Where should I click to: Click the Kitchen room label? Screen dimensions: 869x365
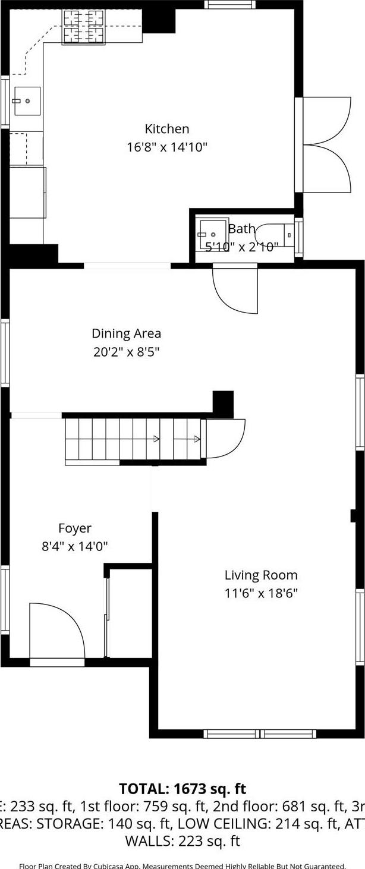click(166, 129)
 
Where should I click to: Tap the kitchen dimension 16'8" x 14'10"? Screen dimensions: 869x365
click(166, 147)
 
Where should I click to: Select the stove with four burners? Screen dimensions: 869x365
click(83, 27)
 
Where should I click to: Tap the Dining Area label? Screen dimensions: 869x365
click(126, 333)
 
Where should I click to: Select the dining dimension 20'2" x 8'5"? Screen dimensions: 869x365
click(126, 352)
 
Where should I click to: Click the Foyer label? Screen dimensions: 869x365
click(74, 528)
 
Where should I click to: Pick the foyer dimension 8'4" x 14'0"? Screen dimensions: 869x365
click(74, 546)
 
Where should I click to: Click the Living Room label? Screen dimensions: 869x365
click(260, 575)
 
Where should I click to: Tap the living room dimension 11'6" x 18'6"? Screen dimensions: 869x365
click(260, 593)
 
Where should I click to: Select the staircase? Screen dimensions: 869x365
click(132, 440)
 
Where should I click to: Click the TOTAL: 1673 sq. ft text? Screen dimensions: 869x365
click(182, 789)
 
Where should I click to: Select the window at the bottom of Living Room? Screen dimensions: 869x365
click(260, 733)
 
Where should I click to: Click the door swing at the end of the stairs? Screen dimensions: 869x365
click(224, 439)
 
